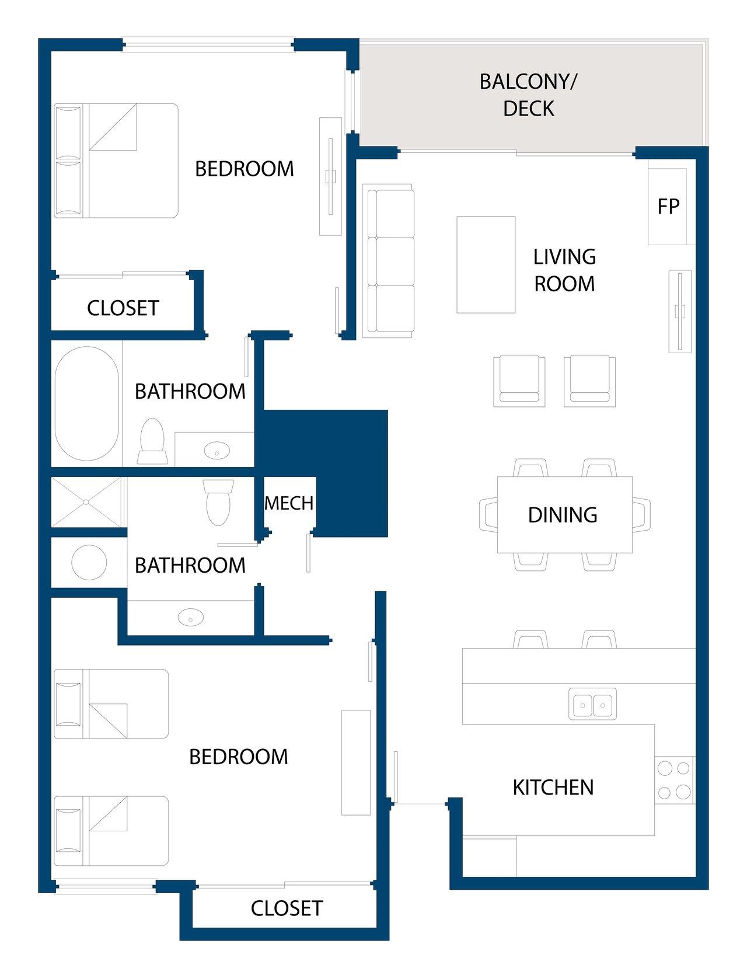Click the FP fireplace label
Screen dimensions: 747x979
click(x=668, y=207)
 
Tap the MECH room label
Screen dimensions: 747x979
click(x=289, y=503)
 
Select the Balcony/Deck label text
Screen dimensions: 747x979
click(x=528, y=95)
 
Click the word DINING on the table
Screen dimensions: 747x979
click(x=563, y=515)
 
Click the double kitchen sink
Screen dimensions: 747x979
click(x=592, y=704)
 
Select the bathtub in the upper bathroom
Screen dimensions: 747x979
click(x=86, y=403)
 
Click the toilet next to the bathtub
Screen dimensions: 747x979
click(x=152, y=441)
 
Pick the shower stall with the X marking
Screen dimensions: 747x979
click(x=86, y=502)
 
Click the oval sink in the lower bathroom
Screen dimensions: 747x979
click(x=191, y=617)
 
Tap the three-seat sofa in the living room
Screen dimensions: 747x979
click(x=388, y=261)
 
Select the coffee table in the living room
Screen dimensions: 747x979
click(x=486, y=264)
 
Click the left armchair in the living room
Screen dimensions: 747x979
click(x=519, y=381)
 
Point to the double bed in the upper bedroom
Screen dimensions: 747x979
click(x=116, y=161)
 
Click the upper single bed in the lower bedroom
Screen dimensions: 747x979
click(x=111, y=704)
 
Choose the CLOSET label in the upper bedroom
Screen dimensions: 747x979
click(x=123, y=308)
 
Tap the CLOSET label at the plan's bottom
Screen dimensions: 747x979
click(x=287, y=908)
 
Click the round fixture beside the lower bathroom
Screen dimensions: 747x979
click(x=89, y=562)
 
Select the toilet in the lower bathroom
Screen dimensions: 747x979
click(x=218, y=502)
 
